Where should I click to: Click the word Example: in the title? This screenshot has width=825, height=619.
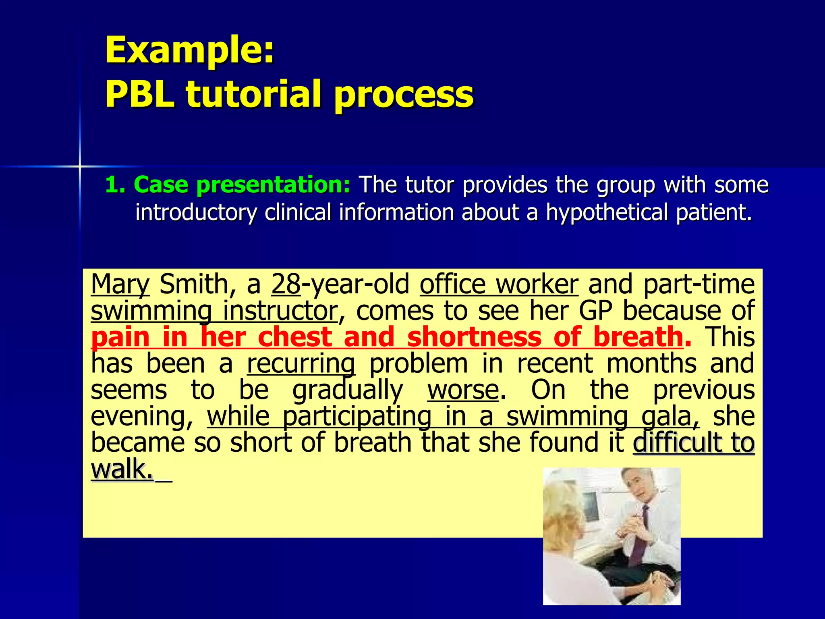click(x=189, y=50)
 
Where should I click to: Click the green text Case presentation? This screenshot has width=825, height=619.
click(x=242, y=185)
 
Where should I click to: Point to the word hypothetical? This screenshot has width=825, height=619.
click(x=607, y=212)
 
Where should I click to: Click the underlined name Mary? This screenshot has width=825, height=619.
click(x=120, y=285)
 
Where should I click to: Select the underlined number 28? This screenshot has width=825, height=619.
click(x=286, y=285)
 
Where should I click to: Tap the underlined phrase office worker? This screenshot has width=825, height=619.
click(x=499, y=285)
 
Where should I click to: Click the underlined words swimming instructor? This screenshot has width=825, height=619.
click(x=214, y=311)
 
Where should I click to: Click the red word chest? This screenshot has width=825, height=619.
click(x=294, y=337)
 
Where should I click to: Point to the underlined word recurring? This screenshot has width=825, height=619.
click(x=301, y=364)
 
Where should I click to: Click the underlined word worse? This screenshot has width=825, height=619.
click(x=463, y=390)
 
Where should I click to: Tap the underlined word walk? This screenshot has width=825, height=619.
click(x=122, y=469)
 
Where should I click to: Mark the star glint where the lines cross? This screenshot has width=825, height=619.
click(x=80, y=166)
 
